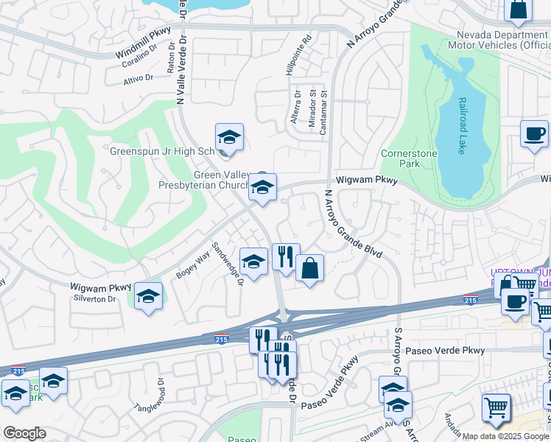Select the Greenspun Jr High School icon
229,137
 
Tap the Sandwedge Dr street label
228,265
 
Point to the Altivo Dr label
138,77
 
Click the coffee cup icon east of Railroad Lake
534,134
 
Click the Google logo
24,433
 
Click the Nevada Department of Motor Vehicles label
502,40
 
